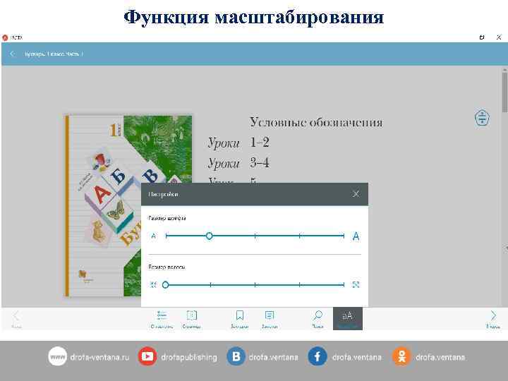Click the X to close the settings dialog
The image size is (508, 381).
pos(356,194)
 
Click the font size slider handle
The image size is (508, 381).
pos(209,236)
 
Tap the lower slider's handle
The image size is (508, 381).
pos(165,285)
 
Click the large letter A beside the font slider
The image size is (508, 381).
pos(356,236)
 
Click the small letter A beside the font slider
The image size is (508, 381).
pos(153,236)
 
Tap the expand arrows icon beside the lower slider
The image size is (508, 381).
pos(356,285)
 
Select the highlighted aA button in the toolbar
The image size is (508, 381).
pos(347,317)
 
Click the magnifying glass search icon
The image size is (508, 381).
pos(318,315)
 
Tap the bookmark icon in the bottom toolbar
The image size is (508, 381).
pos(240,315)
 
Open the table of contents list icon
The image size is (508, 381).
pos(162,315)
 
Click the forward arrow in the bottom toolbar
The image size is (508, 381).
pos(493,315)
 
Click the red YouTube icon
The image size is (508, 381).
pos(147,356)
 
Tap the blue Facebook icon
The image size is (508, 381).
pos(317,356)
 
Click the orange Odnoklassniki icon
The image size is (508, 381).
pos(401,356)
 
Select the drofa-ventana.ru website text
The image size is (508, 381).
pos(99,357)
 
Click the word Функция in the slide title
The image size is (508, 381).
pos(167,16)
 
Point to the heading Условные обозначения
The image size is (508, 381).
pos(316,122)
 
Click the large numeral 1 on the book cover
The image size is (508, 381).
pos(112,130)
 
